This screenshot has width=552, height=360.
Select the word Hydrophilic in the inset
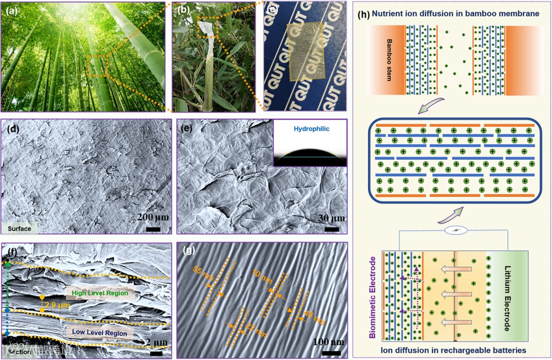[310, 130]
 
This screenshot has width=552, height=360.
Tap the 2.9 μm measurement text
[56, 305]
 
